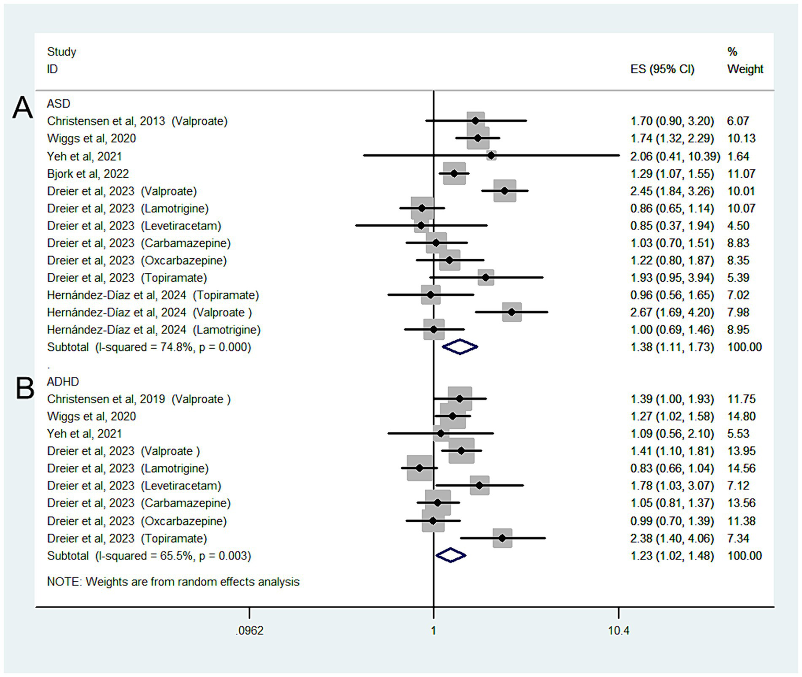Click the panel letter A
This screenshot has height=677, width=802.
(22, 108)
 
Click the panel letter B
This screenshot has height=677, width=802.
(25, 388)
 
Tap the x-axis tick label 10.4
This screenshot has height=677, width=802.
(618, 630)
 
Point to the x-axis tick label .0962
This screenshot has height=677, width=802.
(249, 630)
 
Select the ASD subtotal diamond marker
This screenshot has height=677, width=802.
(460, 347)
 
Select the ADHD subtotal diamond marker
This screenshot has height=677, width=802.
(451, 555)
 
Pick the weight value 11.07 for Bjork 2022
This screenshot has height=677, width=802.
(741, 174)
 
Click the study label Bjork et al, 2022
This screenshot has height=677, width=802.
(88, 174)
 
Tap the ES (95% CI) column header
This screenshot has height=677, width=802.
(662, 69)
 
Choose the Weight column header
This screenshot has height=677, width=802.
(745, 69)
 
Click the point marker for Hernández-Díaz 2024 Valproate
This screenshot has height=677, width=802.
(512, 312)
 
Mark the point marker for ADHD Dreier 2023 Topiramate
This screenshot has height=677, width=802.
(502, 538)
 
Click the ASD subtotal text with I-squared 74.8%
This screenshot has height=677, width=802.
(149, 347)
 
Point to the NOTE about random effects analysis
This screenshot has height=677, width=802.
(173, 582)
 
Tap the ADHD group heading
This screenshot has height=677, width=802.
(63, 382)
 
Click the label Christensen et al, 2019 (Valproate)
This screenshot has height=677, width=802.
(138, 399)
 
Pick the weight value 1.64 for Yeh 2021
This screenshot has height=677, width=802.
(738, 156)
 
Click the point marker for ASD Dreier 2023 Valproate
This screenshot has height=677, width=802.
(504, 191)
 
